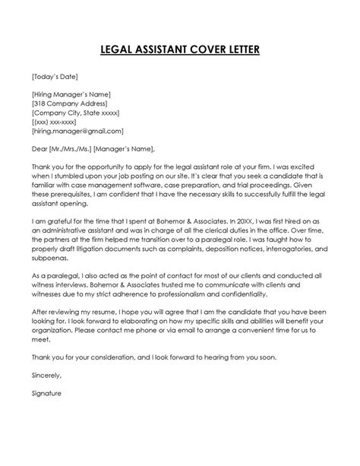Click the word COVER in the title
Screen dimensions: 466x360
210,51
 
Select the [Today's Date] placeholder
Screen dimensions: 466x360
55,76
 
